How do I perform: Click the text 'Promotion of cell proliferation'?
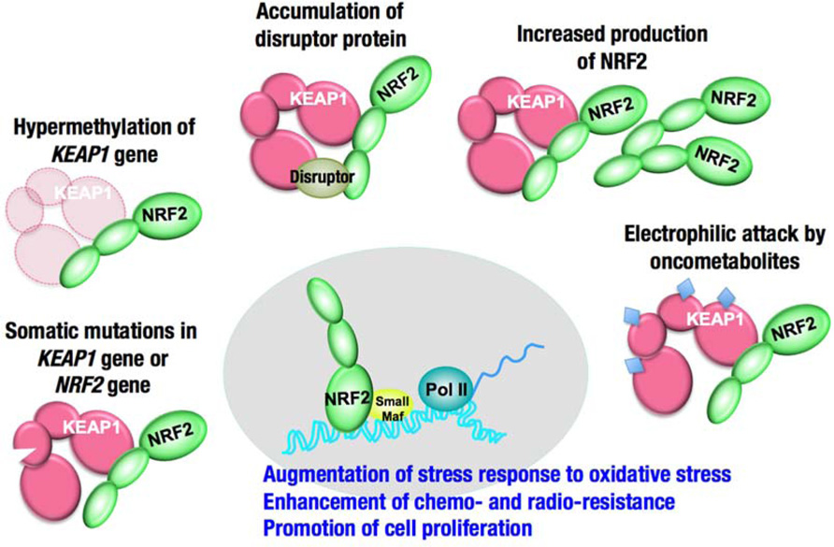pyautogui.click(x=398, y=528)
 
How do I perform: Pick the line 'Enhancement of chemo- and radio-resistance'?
pyautogui.click(x=468, y=502)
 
